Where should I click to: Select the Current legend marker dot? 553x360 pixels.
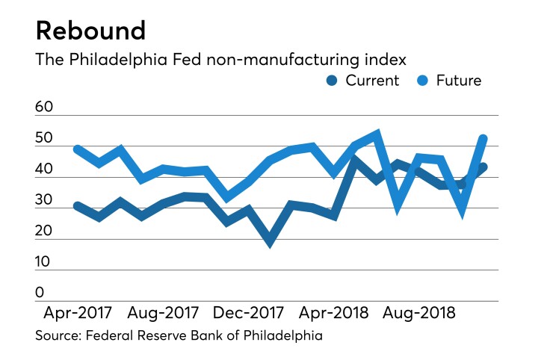click(x=333, y=81)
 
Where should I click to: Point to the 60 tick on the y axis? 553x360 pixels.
click(x=45, y=108)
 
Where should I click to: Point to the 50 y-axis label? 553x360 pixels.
click(x=45, y=139)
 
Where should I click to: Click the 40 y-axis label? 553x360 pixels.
click(x=45, y=170)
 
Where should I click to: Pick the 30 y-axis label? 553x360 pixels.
click(x=45, y=200)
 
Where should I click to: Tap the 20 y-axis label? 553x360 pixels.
click(x=45, y=232)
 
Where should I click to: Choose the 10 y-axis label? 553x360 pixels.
click(x=45, y=262)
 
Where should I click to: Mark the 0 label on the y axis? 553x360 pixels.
click(x=40, y=293)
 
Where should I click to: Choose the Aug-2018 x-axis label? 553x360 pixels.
click(x=419, y=313)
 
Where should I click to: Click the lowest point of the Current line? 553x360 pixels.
click(x=271, y=240)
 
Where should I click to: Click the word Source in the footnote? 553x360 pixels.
click(x=60, y=336)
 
